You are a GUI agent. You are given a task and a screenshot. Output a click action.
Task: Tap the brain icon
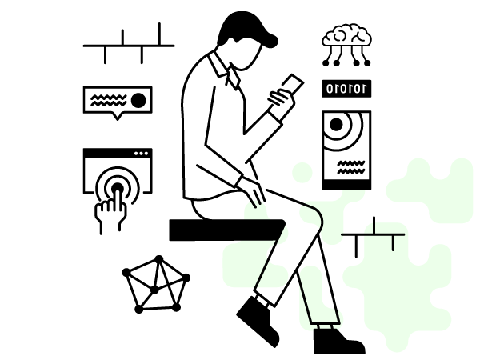pos(347,35)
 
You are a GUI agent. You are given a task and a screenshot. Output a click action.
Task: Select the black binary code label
pos(346,89)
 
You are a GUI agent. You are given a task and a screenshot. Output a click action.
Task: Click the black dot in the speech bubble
pos(138,101)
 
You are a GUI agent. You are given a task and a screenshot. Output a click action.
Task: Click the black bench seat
pos(227,230)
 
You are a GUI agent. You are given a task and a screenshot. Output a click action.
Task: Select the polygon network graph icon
pos(156,284)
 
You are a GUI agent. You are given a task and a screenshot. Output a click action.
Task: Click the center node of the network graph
pos(154,290)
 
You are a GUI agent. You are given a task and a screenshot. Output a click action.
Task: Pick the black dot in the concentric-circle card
pos(336,124)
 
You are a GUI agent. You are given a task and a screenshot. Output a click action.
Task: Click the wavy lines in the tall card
pos(351,167)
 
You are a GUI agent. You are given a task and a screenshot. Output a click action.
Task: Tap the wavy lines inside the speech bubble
pos(109,101)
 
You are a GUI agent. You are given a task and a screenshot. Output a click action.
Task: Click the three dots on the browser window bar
pos(141,154)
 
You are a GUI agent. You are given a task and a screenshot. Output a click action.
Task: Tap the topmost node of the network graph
pos(159,259)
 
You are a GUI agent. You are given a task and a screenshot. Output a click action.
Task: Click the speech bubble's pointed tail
pos(118,117)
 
